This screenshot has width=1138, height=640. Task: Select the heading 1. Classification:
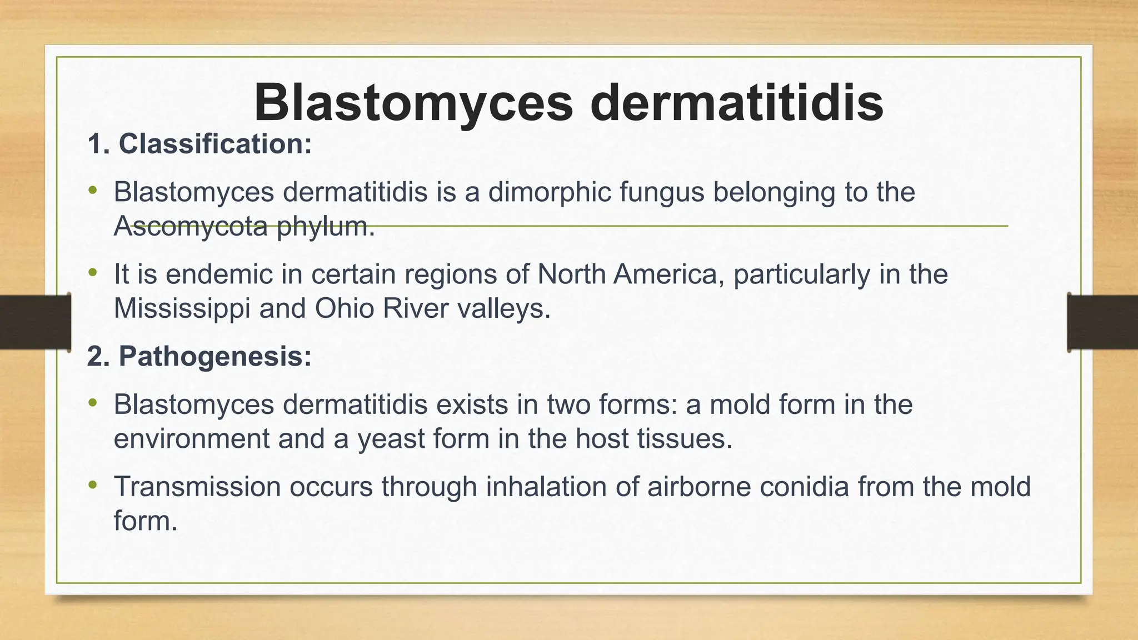tap(199, 144)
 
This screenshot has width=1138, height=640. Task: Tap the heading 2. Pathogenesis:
tap(199, 356)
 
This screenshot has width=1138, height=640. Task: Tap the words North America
tap(631, 274)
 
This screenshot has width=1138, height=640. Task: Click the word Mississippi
tap(182, 308)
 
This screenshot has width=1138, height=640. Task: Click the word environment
tap(192, 439)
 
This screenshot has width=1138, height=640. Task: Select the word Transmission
tap(197, 487)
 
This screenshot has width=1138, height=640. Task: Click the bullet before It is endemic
tap(93, 273)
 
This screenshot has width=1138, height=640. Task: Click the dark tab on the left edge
tap(35, 322)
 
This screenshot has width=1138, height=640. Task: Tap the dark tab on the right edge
tap(1102, 322)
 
